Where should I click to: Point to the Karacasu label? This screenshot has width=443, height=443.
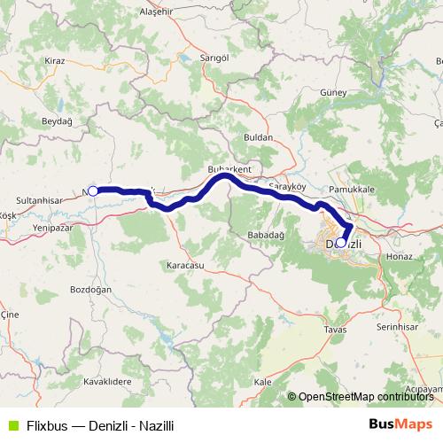coord(185,265)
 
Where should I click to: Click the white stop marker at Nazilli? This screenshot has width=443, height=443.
coord(93,190)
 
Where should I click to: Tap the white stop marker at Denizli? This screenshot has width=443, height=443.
coord(341,241)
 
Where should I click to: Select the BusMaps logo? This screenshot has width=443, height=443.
coord(401,424)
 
